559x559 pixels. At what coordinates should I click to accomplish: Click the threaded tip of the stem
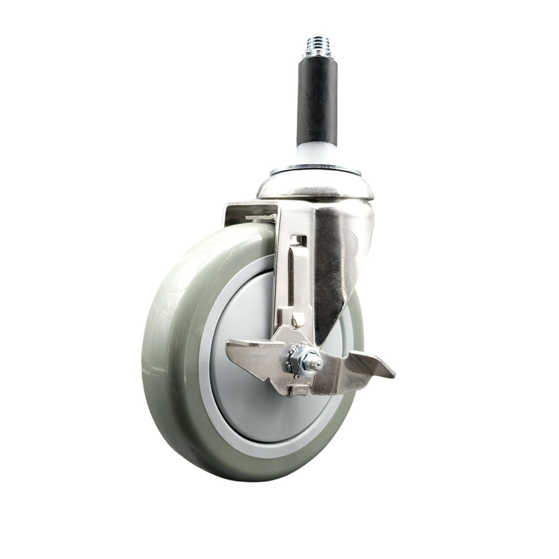316,44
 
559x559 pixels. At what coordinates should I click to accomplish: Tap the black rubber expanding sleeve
317,101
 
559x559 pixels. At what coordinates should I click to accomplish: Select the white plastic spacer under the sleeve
316,154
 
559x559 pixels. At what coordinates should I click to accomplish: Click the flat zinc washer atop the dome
315,169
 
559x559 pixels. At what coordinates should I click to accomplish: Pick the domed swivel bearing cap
315,186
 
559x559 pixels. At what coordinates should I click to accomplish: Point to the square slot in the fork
299,240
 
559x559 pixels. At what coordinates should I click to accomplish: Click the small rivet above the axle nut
299,320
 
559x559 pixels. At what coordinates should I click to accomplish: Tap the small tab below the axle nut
298,390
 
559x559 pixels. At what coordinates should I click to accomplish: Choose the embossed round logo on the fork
350,240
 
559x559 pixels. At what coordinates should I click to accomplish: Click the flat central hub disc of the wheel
246,391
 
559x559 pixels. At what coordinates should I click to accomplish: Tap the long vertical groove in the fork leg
291,274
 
